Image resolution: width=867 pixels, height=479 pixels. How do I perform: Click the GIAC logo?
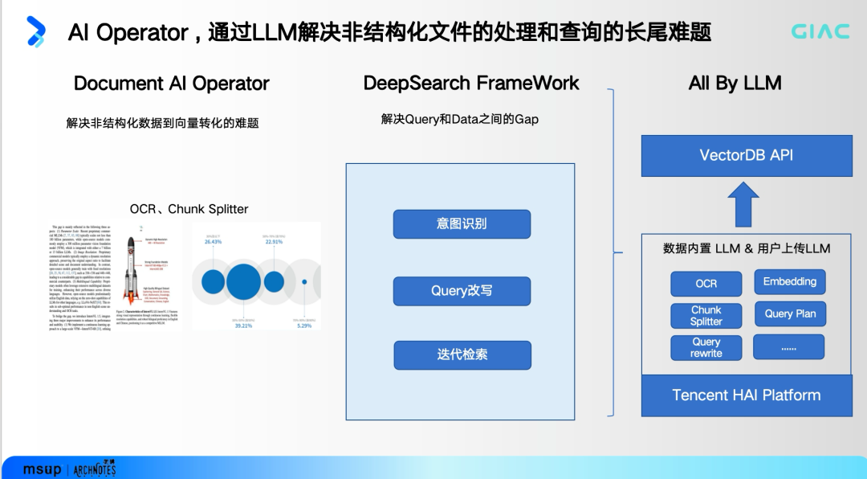tap(820, 31)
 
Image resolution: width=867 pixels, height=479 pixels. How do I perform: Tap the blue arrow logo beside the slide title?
tap(35, 31)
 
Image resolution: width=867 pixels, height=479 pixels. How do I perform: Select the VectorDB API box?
tap(747, 155)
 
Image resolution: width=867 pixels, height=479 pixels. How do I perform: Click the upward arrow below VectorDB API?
tap(743, 204)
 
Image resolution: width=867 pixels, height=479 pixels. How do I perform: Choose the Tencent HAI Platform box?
tap(747, 395)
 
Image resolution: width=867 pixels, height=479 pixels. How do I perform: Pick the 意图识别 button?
tap(462, 224)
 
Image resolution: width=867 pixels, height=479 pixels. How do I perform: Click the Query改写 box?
tap(462, 291)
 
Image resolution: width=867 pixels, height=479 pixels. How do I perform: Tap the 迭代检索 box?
tap(462, 355)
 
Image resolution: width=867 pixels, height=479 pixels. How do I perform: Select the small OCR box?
tap(706, 283)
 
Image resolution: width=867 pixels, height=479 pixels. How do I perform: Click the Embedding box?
tap(790, 281)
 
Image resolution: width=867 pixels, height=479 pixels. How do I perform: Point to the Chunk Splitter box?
tap(706, 315)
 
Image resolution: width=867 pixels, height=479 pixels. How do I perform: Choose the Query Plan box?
tap(790, 313)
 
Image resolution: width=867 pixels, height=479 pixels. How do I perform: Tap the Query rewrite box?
tap(706, 347)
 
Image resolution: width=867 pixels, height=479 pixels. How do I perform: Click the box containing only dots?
tap(788, 347)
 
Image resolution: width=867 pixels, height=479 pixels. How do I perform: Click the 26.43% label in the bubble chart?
tap(213, 241)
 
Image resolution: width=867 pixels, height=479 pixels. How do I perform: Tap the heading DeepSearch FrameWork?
tap(471, 84)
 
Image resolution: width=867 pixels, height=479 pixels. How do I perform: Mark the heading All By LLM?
tap(735, 84)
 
